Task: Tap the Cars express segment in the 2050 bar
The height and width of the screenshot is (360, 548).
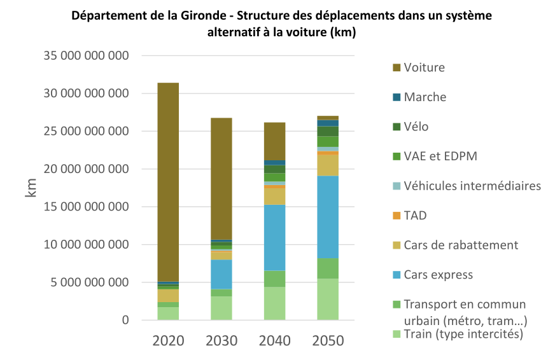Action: (x=328, y=216)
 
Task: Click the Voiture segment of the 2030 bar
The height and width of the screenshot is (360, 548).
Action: (x=221, y=178)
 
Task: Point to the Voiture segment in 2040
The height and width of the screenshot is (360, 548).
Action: (x=275, y=141)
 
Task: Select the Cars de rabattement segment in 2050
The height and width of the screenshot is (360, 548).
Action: (x=328, y=165)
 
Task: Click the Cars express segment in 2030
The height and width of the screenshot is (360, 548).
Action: (x=221, y=274)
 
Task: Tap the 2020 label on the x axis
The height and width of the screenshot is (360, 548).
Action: (x=168, y=340)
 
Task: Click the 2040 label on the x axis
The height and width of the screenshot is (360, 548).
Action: (x=275, y=340)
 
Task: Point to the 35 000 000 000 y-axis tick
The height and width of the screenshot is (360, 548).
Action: (x=87, y=56)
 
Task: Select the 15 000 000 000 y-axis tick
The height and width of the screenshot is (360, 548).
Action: (x=87, y=207)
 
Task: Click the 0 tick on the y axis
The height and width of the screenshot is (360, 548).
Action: (x=125, y=321)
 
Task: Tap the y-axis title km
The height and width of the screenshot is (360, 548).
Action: (x=31, y=188)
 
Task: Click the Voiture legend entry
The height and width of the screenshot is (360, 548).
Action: (x=424, y=67)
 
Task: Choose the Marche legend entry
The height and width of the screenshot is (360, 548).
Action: (x=425, y=97)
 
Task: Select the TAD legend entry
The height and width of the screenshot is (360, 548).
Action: (x=415, y=216)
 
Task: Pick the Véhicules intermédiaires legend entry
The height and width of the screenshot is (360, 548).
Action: (x=472, y=186)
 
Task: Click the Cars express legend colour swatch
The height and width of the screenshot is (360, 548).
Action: (x=397, y=275)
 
